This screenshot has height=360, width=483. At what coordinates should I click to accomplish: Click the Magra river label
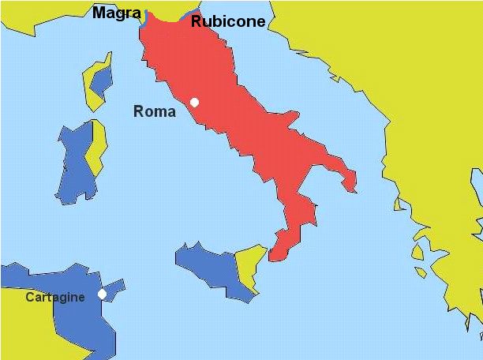coord(117,13)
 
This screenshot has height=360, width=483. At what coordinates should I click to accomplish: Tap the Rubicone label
coord(228,21)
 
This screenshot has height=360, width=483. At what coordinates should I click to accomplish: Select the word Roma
coord(155,111)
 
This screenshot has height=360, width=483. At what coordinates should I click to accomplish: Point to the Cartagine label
coord(55,298)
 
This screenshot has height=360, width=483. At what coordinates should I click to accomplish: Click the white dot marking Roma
coord(195,102)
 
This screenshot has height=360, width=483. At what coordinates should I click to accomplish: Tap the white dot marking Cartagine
coord(102,294)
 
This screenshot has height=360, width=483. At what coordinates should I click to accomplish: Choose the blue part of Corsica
coord(102,78)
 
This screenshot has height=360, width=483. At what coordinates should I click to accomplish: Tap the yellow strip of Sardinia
coord(96,150)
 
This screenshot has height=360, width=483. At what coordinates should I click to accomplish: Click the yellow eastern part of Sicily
coord(253,264)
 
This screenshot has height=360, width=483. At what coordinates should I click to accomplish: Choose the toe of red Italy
coord(280,249)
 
